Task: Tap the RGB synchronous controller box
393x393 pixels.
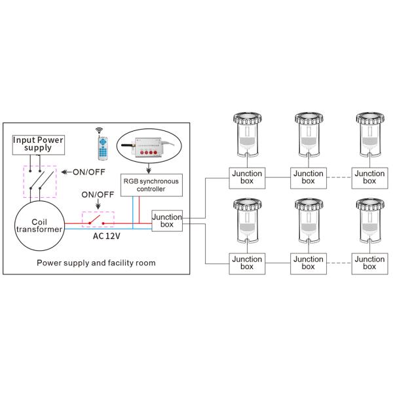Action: (x=150, y=184)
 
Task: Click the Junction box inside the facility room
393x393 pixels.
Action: (x=166, y=221)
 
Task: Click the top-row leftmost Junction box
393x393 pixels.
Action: (x=246, y=178)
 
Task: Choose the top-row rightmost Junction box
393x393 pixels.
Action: (x=369, y=178)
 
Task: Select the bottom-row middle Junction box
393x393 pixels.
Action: (x=308, y=263)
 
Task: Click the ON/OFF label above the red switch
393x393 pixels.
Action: (x=96, y=195)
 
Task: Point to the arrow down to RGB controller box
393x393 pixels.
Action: (x=150, y=168)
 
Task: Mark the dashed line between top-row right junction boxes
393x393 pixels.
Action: (x=339, y=178)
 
